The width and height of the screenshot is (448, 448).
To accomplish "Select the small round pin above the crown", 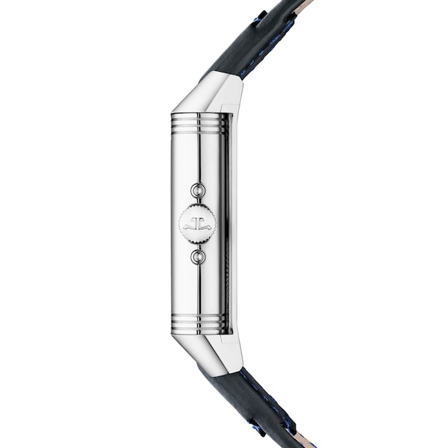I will click(x=198, y=190).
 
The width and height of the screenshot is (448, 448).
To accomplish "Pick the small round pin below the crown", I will click(x=198, y=257).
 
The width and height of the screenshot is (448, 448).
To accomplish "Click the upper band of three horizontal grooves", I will click(x=198, y=124).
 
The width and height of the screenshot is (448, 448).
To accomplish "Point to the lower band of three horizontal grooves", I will click(x=198, y=323).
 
